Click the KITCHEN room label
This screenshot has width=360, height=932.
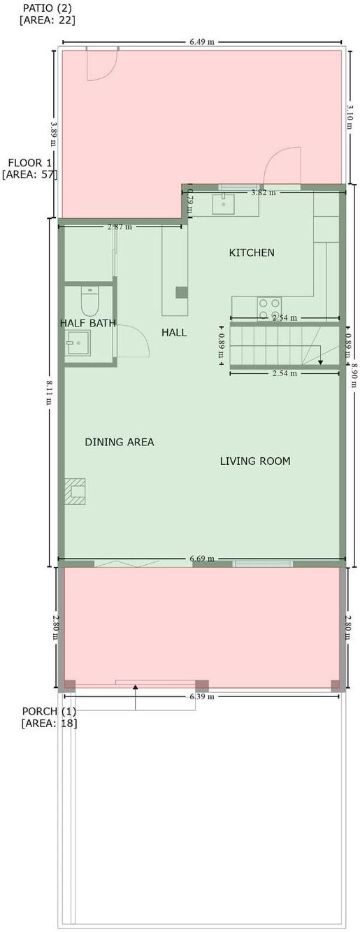click(252, 252)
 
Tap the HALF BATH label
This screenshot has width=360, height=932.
click(88, 323)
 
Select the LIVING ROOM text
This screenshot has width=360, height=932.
click(255, 461)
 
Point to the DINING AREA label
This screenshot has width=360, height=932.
click(120, 442)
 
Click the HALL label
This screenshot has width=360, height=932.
click(174, 332)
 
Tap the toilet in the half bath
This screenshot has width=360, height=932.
click(89, 301)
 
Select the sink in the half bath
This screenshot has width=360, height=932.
click(78, 343)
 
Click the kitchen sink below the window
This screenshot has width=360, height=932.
click(224, 203)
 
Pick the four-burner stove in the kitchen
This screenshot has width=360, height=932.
click(269, 309)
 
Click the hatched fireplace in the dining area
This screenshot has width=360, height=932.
click(75, 492)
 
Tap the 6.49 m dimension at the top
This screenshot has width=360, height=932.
click(202, 42)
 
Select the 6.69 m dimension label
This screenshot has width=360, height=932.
click(202, 559)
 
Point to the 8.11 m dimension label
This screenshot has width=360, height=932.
click(50, 392)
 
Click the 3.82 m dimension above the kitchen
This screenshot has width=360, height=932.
click(264, 193)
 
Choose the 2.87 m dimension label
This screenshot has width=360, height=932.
click(120, 227)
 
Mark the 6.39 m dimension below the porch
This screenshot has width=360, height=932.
click(202, 696)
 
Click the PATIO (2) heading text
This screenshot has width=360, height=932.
click(47, 8)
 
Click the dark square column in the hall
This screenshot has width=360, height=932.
click(182, 292)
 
